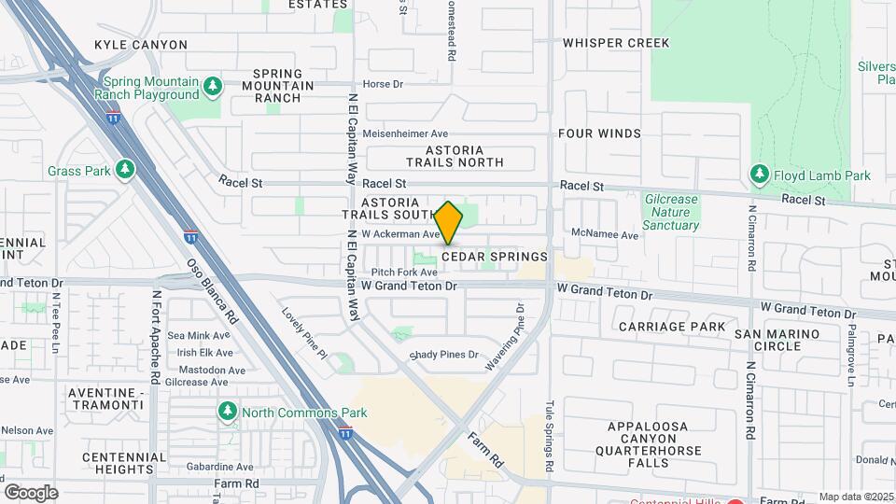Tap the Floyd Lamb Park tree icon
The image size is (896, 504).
(x=760, y=175)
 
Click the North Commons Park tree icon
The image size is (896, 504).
(x=227, y=412)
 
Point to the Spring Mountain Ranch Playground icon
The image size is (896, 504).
(x=213, y=87)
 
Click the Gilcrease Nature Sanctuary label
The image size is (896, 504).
(x=671, y=212)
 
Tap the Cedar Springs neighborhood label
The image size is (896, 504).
(x=494, y=257)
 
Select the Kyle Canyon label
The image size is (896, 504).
(x=141, y=45)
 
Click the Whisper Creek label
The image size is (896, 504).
(x=616, y=43)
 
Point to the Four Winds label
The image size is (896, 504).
(x=599, y=133)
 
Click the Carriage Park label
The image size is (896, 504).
(x=671, y=327)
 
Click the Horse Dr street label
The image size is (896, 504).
(x=383, y=84)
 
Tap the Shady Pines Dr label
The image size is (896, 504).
(x=444, y=355)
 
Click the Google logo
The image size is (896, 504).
(x=31, y=492)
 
